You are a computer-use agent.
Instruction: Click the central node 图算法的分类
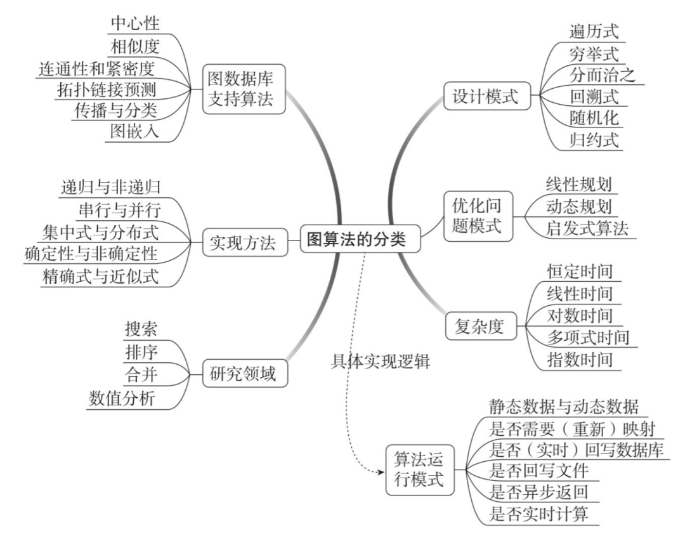point(354,240)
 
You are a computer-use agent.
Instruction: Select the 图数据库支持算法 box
point(243,90)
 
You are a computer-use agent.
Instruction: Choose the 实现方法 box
point(243,242)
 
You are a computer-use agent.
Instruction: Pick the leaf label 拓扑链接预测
point(107,88)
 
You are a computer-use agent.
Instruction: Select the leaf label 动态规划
point(578,206)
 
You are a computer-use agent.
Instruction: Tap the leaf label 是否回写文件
point(540,470)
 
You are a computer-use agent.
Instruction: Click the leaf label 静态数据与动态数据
point(564,407)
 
